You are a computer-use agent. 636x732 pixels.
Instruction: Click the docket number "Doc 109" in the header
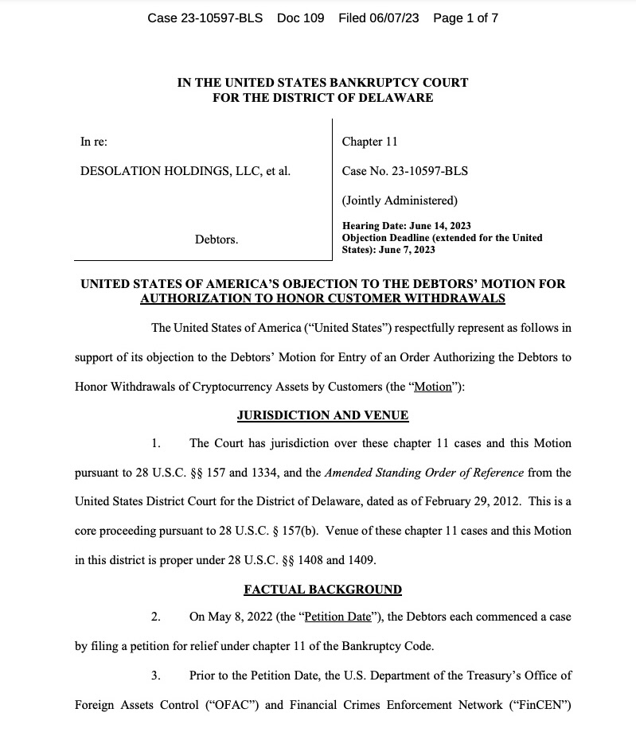(300, 18)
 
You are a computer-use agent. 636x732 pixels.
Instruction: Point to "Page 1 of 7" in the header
(466, 18)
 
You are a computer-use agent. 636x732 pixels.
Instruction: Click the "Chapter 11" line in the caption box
(369, 142)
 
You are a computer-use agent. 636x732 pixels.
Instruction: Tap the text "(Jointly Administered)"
(400, 200)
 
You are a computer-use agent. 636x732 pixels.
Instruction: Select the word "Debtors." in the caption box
(216, 239)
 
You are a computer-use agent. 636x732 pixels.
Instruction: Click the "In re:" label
(94, 142)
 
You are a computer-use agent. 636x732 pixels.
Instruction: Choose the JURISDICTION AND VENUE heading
(322, 415)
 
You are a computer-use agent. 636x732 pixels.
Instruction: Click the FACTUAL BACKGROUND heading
(322, 590)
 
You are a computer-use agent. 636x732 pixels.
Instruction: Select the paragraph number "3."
(156, 676)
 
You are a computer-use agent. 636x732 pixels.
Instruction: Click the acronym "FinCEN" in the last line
(543, 704)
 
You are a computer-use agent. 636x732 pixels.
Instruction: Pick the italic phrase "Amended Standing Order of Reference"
(424, 473)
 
